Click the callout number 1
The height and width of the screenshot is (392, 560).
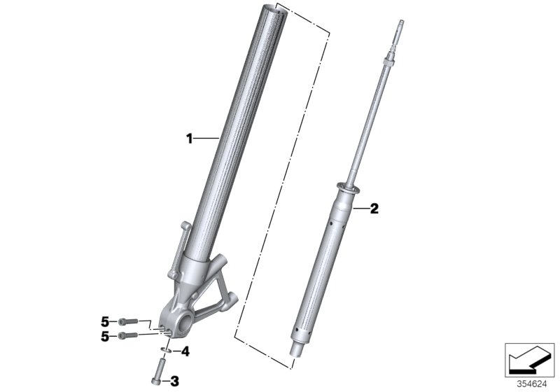pos(189,139)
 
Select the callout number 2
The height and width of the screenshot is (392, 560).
pos(374,208)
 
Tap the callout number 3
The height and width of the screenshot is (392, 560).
pos(175,380)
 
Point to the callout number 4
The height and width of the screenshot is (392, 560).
pos(185,351)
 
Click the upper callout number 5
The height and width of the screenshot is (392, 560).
pos(106,321)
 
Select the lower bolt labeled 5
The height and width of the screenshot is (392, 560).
pos(126,336)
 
